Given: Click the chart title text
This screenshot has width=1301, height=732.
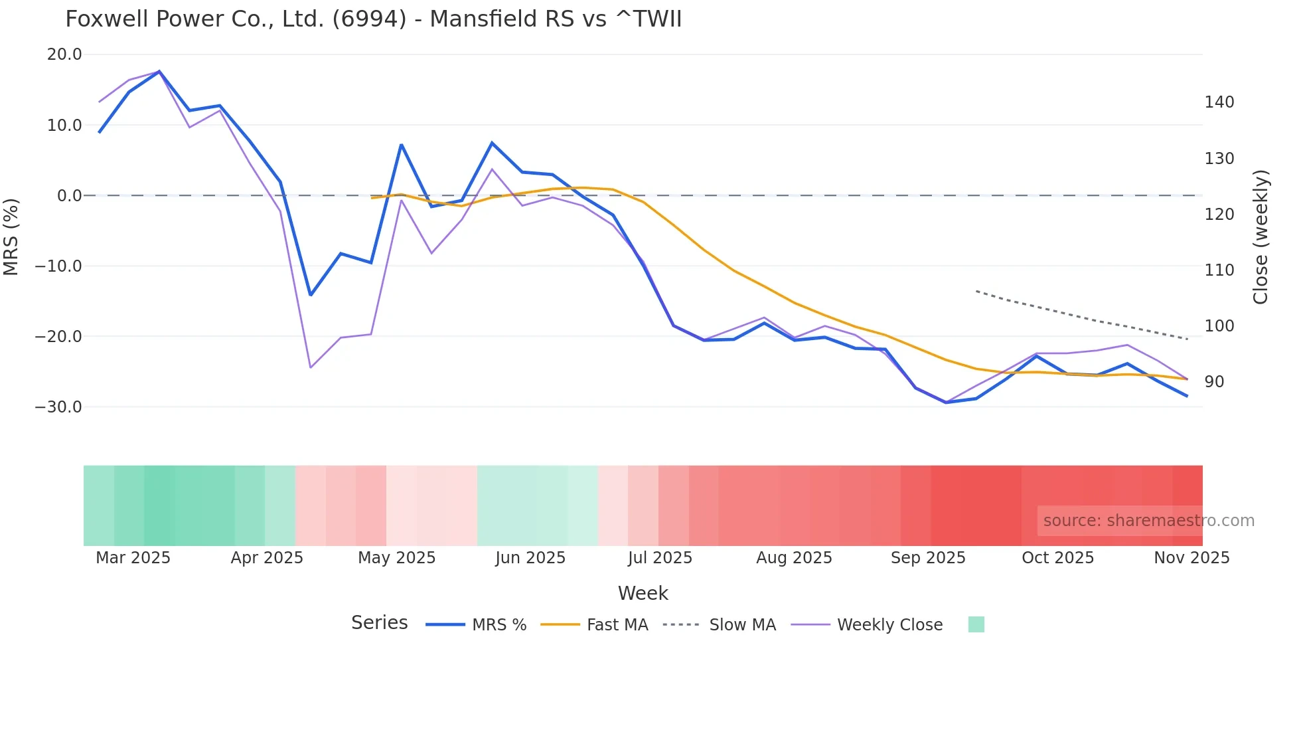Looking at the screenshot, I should (x=373, y=19).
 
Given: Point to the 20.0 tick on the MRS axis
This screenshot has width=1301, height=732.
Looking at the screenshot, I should (x=64, y=54).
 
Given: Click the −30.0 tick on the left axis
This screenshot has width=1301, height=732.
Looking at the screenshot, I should (x=58, y=407).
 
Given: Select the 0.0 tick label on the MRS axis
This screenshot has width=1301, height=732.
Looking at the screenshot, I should (x=70, y=195).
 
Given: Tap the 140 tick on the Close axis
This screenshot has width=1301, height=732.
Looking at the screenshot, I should (x=1219, y=102).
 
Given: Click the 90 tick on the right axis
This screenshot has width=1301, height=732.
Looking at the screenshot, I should (x=1214, y=382).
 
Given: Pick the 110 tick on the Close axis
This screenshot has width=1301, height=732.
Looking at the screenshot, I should (x=1219, y=270).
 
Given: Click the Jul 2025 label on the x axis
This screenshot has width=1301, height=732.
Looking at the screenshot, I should (x=660, y=558).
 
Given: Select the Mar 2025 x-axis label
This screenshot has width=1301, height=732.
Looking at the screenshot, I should (x=133, y=558).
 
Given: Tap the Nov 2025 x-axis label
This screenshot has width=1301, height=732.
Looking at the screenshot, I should (x=1191, y=558).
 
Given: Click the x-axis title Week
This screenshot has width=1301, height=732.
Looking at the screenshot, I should (x=643, y=593).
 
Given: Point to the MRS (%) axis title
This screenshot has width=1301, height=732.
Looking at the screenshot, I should (x=11, y=236).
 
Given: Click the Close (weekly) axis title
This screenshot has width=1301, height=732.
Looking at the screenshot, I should (x=1261, y=237).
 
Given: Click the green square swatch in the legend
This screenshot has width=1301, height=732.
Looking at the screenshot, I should (x=976, y=624).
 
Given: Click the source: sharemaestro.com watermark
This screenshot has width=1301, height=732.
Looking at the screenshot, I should (x=1148, y=521).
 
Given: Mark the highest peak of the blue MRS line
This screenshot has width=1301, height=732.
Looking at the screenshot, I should (x=159, y=71).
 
